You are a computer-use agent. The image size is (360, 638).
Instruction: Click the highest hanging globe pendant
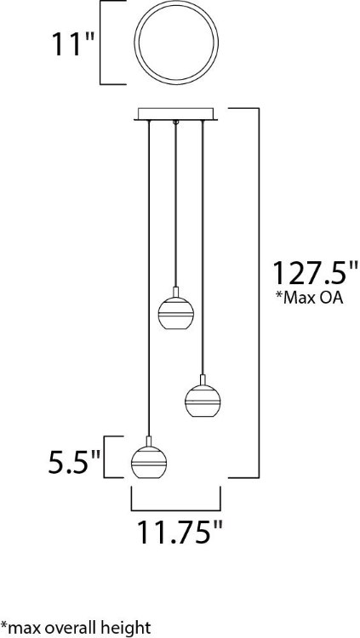[x=175, y=312]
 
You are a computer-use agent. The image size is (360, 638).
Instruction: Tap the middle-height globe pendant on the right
[x=202, y=399]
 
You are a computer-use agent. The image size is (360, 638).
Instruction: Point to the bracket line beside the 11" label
[x=103, y=43]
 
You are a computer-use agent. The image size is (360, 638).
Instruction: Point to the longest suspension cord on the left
[x=149, y=281]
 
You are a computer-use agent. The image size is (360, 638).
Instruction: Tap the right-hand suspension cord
[x=202, y=247]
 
